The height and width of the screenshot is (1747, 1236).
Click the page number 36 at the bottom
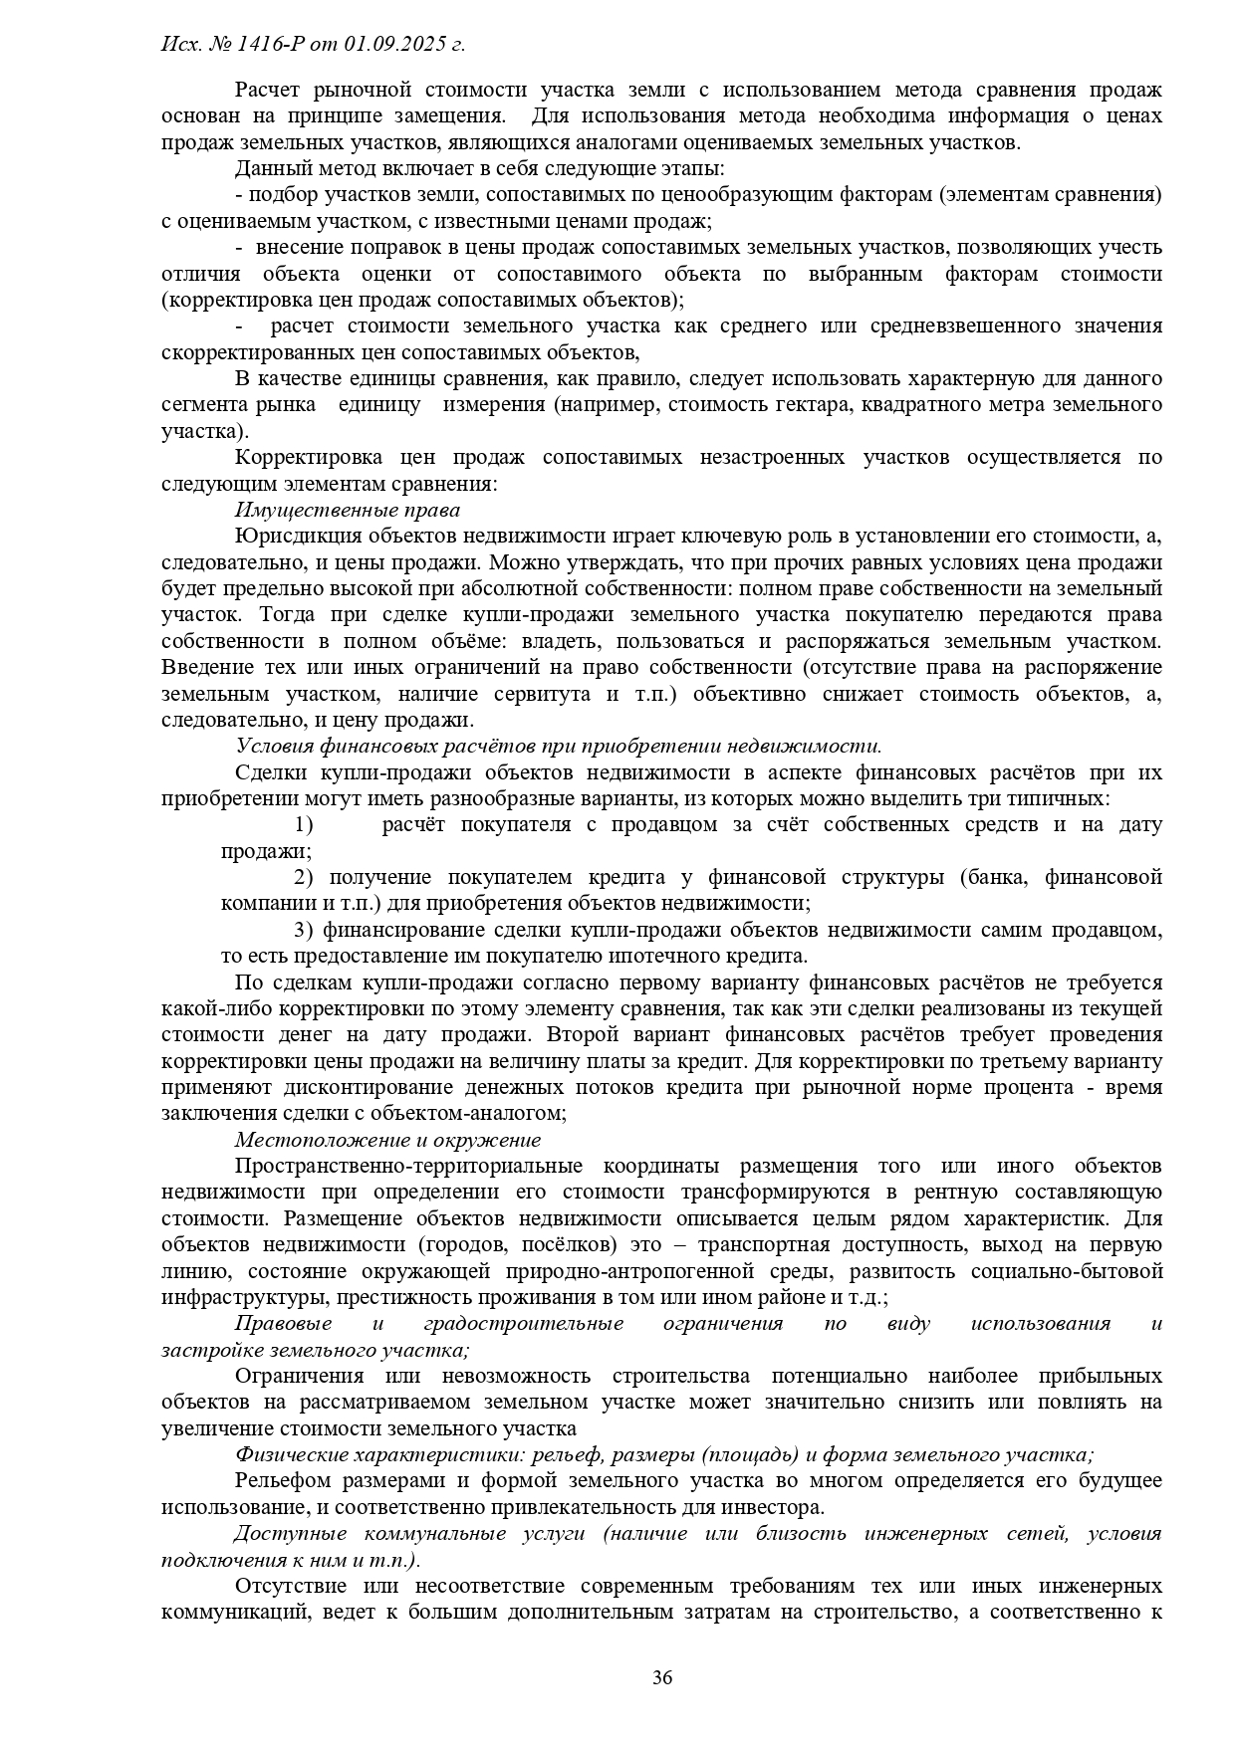click(662, 1677)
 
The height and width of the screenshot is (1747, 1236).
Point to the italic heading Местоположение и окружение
click(388, 1140)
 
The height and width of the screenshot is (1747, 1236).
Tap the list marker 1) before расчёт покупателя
click(304, 824)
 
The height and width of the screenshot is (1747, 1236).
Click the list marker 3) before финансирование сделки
click(304, 930)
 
